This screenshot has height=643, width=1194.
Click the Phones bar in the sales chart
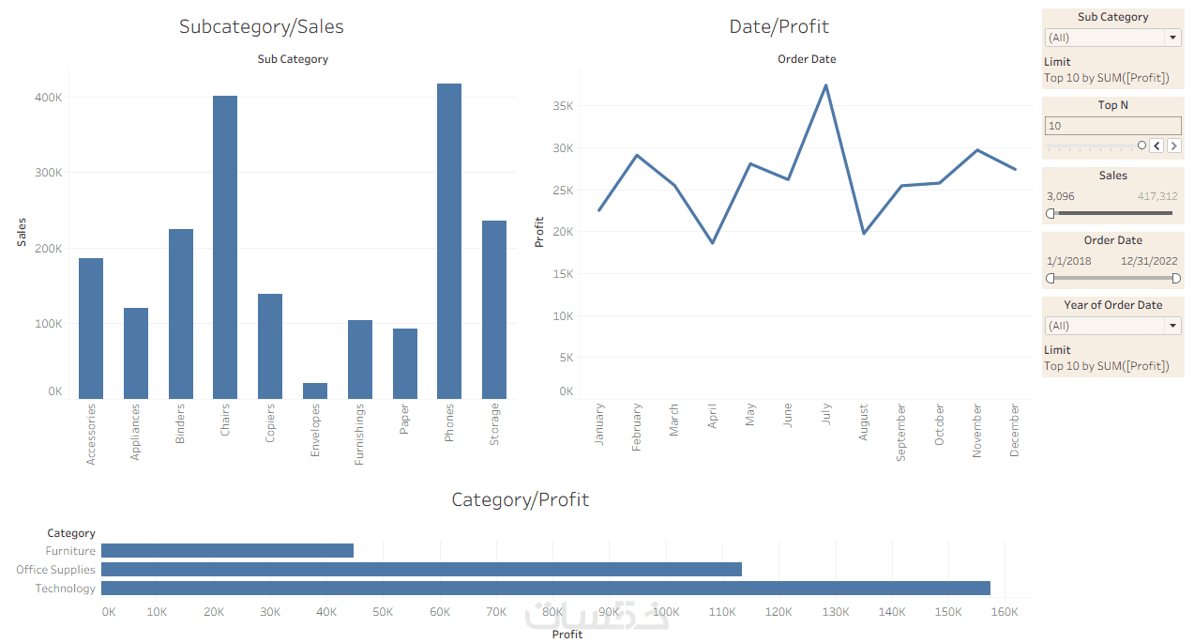(449, 241)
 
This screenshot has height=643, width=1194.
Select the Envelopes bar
(315, 390)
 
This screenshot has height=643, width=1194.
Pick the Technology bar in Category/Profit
(545, 589)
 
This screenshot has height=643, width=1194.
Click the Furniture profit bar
(227, 551)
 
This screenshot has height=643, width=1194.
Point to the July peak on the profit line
(825, 85)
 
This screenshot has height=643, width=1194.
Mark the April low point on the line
(713, 243)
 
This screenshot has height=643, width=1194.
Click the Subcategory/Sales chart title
(262, 27)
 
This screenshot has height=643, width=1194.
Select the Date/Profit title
(778, 27)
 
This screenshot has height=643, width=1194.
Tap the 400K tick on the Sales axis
(49, 98)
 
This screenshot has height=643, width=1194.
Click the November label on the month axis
(976, 431)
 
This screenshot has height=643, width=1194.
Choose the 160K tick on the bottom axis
(1005, 612)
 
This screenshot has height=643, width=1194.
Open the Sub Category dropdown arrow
(1172, 38)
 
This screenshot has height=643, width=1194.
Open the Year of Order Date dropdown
(1172, 326)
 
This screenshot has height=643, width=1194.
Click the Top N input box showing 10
(1112, 126)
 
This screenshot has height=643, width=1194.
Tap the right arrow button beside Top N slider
(1173, 145)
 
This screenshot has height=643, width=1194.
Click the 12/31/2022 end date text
(1150, 262)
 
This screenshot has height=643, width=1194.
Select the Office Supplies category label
(55, 570)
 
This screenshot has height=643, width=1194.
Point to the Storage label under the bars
(494, 424)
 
